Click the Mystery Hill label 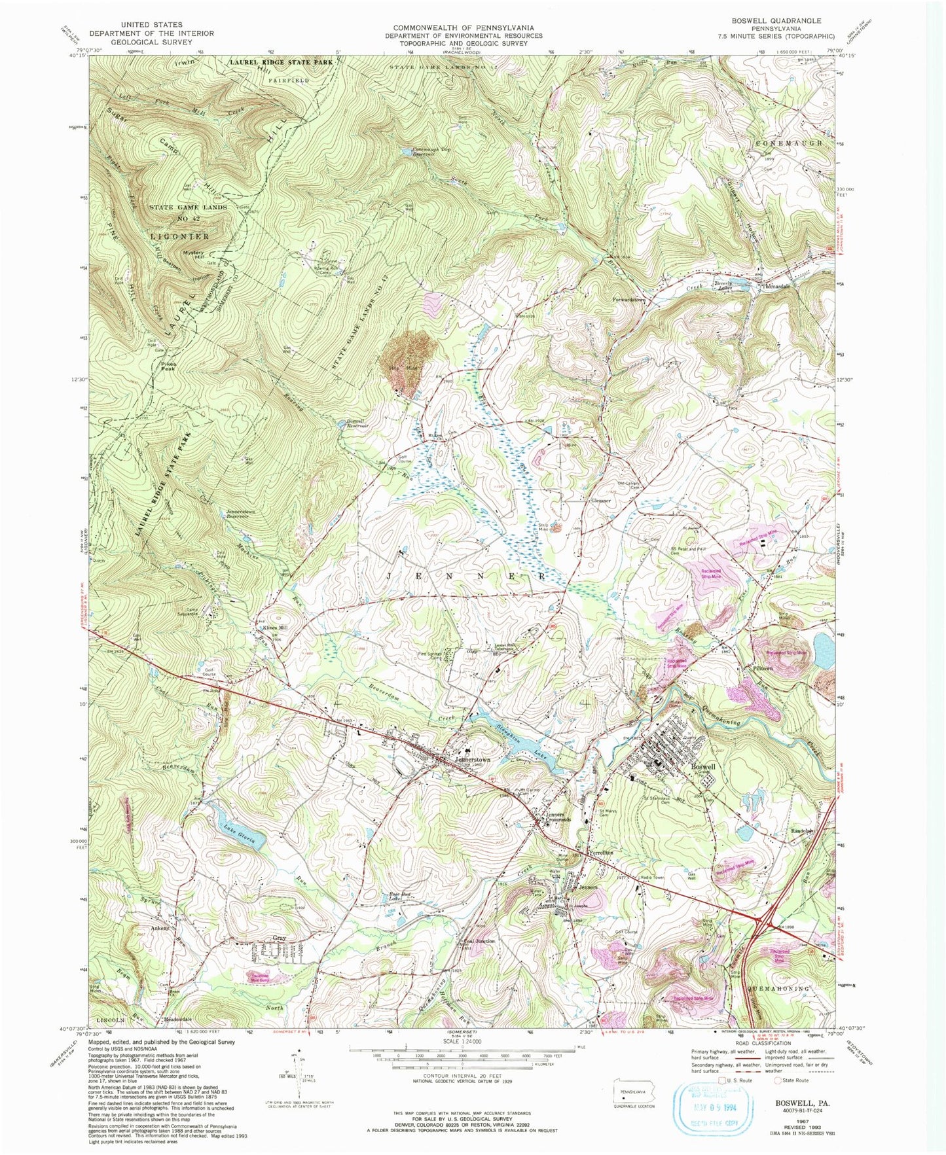[193, 255]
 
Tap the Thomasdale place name [776, 287]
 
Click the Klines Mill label [275, 628]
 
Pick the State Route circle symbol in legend [770, 1080]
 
